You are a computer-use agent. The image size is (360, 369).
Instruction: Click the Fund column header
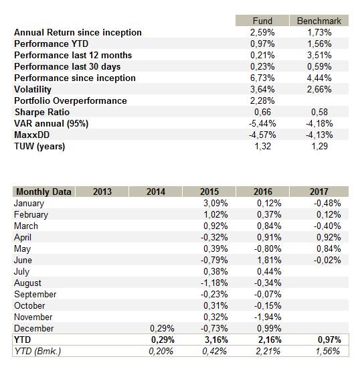262,21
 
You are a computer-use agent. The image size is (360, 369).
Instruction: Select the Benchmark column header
319,21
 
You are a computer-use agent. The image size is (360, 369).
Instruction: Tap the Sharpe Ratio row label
42,112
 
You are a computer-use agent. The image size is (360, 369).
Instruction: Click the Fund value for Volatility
262,90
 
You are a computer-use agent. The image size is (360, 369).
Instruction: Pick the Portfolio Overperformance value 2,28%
262,100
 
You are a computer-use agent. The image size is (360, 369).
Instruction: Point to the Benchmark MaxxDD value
319,135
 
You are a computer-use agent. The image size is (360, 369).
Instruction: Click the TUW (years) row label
39,147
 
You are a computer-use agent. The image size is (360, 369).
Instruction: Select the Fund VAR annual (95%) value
262,123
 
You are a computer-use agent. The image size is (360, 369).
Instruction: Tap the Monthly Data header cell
43,192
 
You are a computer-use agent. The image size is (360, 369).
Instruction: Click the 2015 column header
209,192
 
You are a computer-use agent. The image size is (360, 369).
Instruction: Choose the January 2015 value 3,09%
215,203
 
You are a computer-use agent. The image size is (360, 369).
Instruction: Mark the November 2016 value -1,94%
268,317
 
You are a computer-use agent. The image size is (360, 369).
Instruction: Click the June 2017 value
327,260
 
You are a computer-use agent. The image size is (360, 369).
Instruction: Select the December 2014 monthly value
162,328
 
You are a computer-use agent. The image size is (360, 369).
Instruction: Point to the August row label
27,283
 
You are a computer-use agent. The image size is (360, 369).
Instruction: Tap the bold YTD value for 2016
270,340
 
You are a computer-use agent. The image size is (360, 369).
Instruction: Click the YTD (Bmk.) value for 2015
214,351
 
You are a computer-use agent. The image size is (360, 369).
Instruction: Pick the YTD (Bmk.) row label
37,351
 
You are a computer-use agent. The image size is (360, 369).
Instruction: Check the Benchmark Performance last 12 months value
319,56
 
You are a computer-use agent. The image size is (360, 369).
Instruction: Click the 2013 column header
102,192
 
